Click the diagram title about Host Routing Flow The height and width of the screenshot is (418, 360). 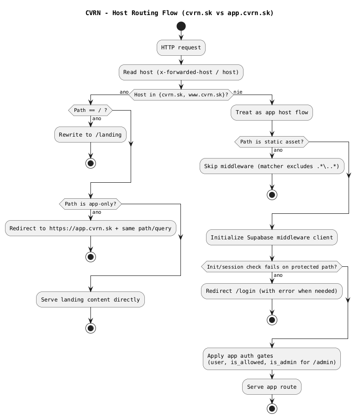point(180,13)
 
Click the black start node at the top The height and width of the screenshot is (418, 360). point(181,27)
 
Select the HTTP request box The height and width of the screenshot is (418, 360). point(181,48)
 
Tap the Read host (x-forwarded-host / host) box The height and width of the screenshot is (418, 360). point(181,72)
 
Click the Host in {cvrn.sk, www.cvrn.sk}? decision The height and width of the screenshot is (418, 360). point(181,95)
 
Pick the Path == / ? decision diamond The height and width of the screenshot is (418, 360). point(90,110)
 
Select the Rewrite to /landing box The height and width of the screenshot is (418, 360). point(90,134)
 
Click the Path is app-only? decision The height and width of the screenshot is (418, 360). point(90,204)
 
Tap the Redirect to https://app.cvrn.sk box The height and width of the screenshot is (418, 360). point(90,228)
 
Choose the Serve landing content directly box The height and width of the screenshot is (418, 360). point(90,300)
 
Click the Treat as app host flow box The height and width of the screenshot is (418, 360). point(272,112)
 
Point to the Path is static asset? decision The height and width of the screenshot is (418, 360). point(272,142)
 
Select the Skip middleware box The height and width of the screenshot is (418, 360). point(272,166)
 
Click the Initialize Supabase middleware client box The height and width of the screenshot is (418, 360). point(272,237)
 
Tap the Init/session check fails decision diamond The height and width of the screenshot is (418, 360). point(272,267)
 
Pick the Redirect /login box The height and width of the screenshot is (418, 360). point(272,291)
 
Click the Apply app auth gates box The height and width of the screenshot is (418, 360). point(272,359)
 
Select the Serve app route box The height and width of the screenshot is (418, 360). point(272,386)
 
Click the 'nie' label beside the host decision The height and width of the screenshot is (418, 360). point(238,92)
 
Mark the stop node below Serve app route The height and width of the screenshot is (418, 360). point(272,408)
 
